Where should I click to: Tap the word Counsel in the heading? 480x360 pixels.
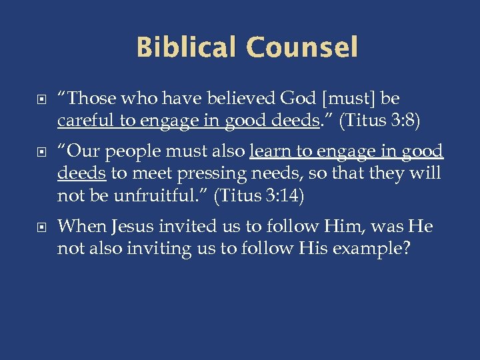301,47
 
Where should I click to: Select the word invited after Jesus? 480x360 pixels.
188,227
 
